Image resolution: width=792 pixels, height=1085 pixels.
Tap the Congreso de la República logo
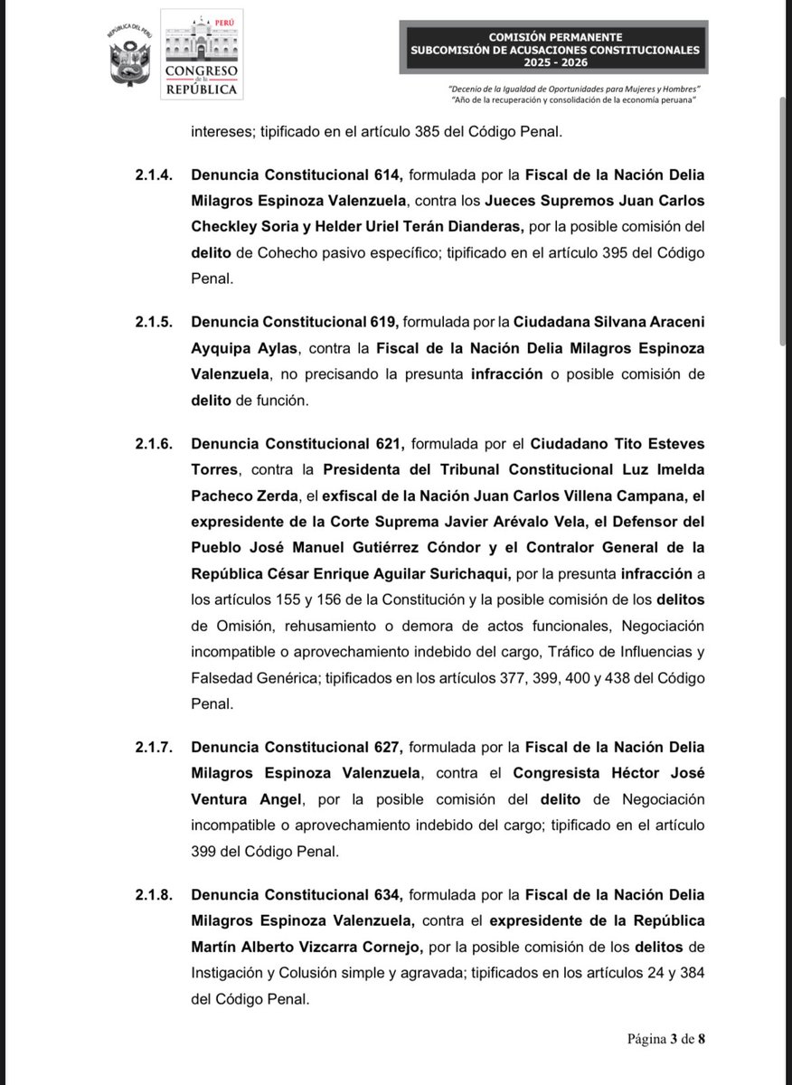202,54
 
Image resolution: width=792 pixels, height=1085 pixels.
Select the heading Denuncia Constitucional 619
296,321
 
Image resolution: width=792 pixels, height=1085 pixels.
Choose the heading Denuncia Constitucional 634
296,894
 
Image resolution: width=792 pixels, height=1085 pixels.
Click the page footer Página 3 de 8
666,1037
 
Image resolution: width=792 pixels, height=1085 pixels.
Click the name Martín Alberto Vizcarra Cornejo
307,947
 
